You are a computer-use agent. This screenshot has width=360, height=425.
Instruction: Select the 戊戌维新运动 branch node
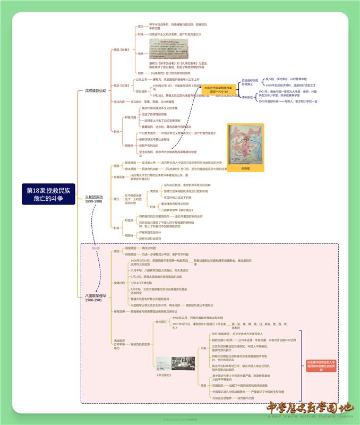(95, 91)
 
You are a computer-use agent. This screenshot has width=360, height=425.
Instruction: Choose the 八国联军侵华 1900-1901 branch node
(96, 297)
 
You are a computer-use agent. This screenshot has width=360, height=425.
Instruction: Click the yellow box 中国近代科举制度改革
(218, 90)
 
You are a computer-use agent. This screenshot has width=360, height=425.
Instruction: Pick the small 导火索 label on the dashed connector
(96, 248)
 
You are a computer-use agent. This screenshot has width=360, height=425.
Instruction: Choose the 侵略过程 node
(119, 283)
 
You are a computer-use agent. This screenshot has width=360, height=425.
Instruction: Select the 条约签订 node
(160, 322)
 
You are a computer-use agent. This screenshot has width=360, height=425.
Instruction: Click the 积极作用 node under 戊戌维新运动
(130, 117)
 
